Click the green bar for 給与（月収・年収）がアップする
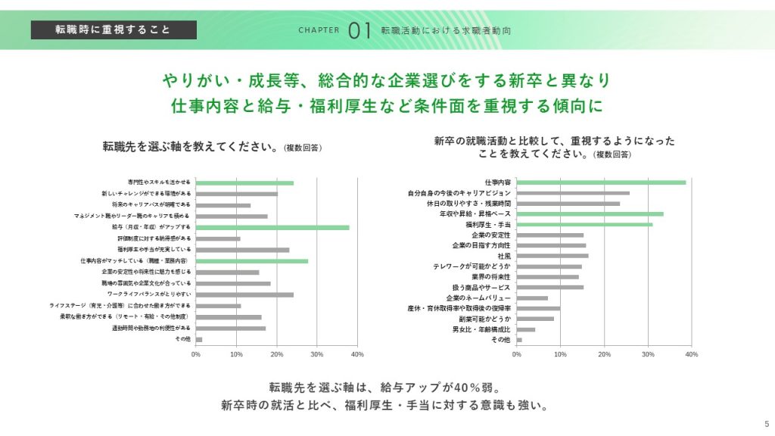tap(272, 227)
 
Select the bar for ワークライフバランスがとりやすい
tap(244, 294)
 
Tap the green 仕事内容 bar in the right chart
tap(601, 182)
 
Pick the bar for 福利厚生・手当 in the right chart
tap(584, 224)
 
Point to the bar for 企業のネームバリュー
tap(532, 298)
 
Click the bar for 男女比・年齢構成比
tap(525, 329)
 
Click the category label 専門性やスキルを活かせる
tap(159, 182)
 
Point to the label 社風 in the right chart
tap(503, 256)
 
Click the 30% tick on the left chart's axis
tap(317, 353)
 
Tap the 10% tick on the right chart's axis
tap(560, 353)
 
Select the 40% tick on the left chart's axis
tap(357, 353)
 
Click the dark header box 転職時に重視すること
tap(114, 30)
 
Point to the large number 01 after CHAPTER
tap(359, 30)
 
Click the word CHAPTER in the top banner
tap(319, 31)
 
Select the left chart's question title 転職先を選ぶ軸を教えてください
tap(189, 146)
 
